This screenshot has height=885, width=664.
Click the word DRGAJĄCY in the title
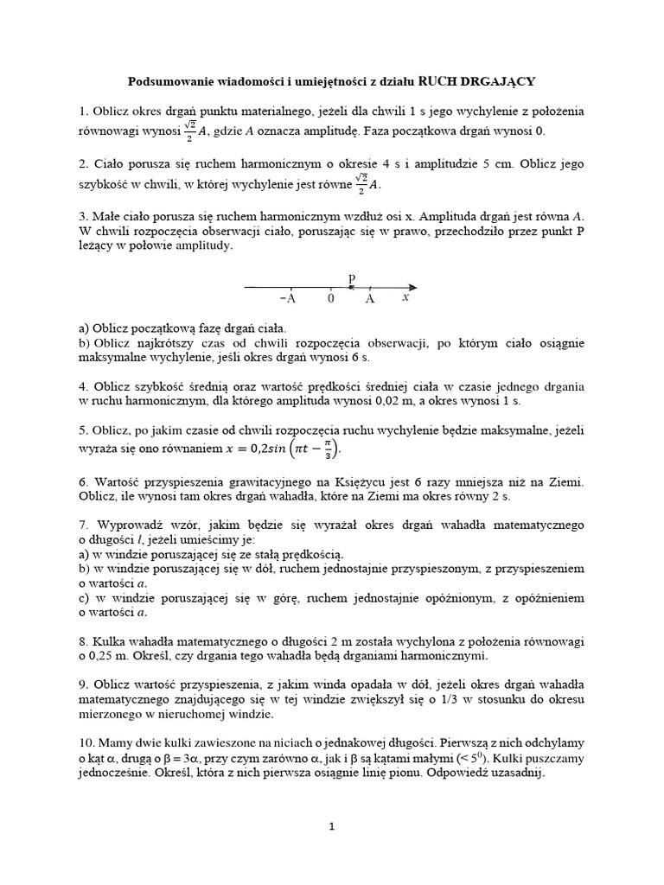(496, 81)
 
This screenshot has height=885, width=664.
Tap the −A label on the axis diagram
(289, 298)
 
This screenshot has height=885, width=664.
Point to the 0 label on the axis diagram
(330, 298)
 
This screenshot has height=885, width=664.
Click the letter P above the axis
(351, 277)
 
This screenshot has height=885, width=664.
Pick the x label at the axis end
(405, 297)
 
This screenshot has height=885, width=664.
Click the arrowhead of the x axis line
(413, 286)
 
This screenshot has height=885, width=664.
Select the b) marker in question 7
(84, 569)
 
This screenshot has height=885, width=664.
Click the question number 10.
(85, 743)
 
